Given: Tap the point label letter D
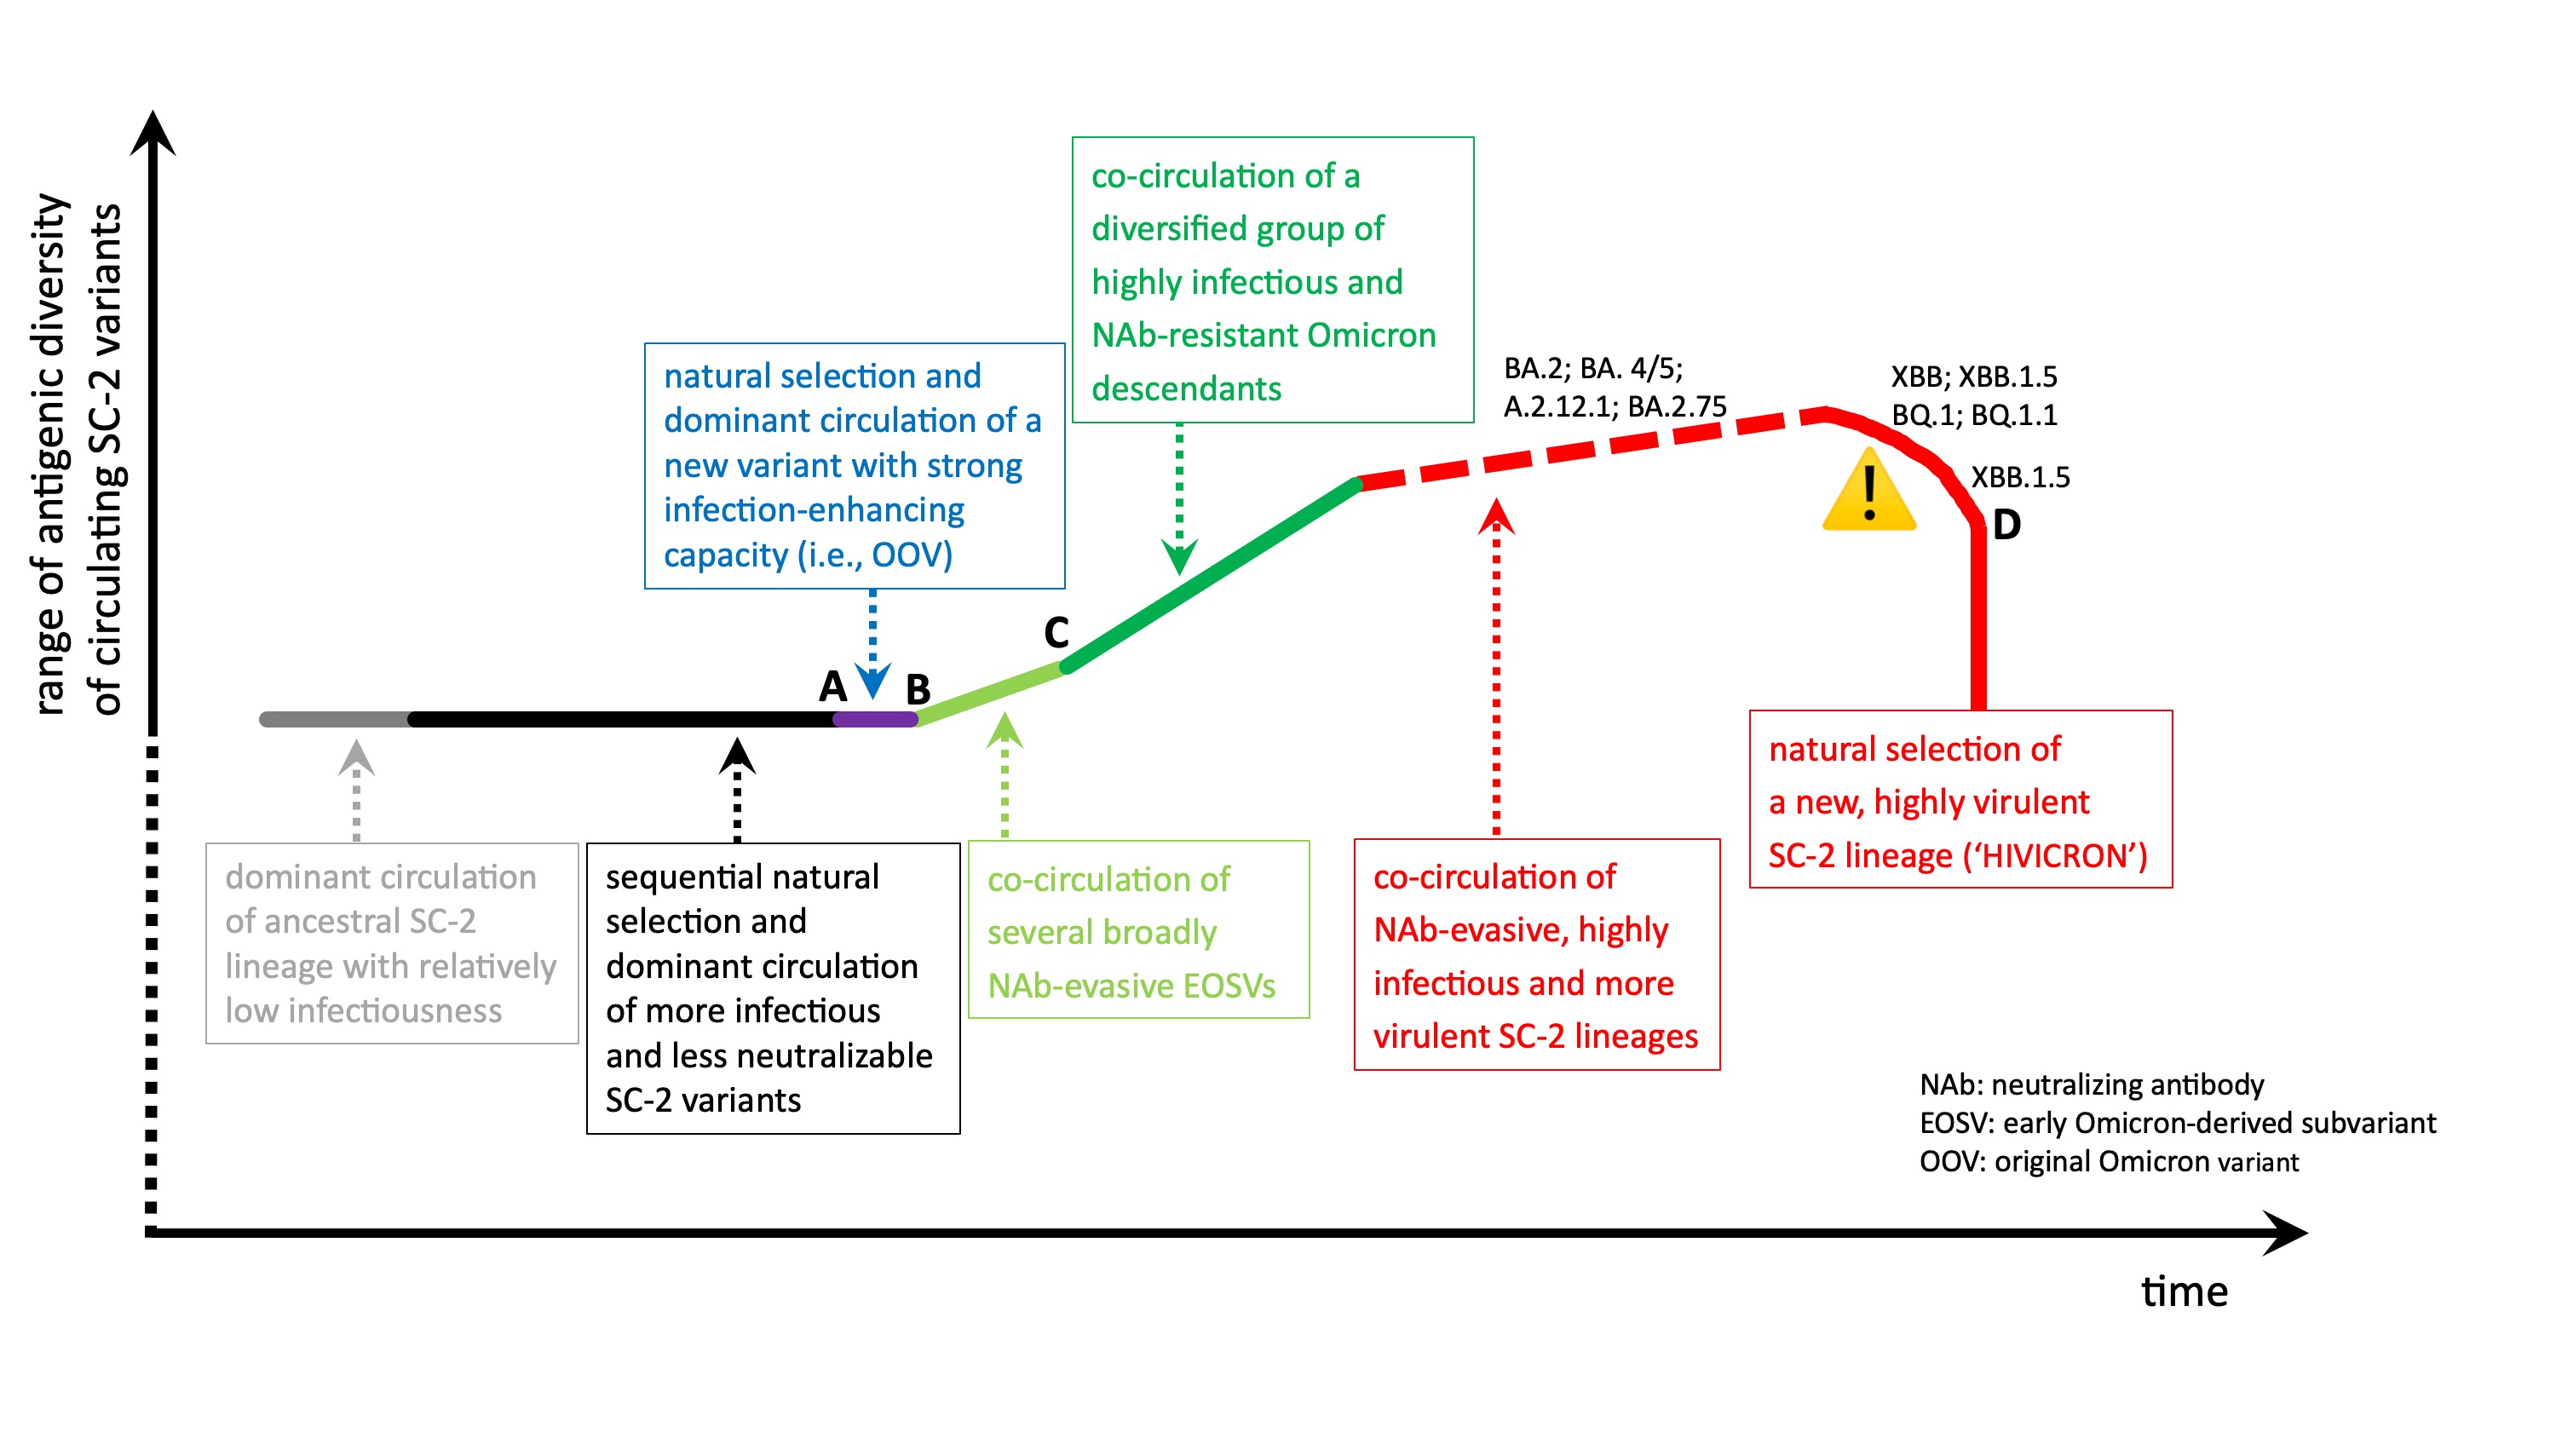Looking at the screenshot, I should (x=2006, y=525).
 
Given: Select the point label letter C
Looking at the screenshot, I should (x=1056, y=632).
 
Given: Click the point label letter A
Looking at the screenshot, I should (x=832, y=686).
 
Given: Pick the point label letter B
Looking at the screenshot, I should (x=918, y=688).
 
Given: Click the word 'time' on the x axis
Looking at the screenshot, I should (x=2184, y=1291).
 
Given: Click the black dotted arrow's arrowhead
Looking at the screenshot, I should (x=736, y=756).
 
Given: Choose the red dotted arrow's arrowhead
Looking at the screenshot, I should (x=1496, y=516).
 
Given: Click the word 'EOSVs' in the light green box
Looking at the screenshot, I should (x=1229, y=986).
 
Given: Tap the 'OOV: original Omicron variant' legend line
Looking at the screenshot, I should (x=2109, y=1161).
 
